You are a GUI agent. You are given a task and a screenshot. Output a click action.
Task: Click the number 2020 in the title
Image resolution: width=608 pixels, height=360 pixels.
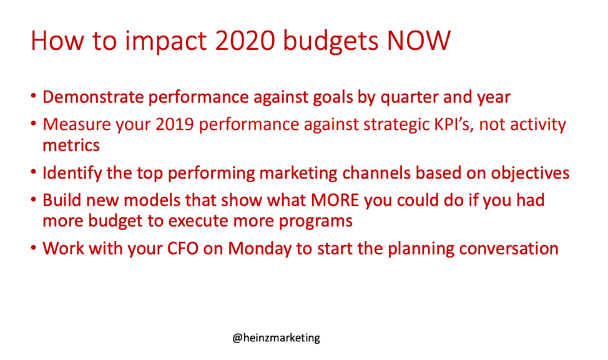point(245,41)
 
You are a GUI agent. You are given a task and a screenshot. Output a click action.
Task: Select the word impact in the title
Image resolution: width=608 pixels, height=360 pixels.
point(166,41)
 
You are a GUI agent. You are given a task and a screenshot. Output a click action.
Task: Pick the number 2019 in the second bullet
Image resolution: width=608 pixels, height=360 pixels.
point(175,124)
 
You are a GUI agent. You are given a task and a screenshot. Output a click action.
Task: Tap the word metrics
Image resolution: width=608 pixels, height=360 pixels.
point(71,146)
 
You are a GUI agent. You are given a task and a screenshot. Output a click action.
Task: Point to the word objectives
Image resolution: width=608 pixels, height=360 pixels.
point(530,173)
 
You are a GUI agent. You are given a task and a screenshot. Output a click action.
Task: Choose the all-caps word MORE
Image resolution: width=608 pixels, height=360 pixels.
point(335,200)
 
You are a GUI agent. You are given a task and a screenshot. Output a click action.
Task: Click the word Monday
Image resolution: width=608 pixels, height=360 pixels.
point(260,249)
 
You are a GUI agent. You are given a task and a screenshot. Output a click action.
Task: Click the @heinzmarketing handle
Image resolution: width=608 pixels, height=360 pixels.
point(276,338)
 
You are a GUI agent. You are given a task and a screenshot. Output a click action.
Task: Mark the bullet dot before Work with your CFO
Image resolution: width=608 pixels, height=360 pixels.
point(34,247)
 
